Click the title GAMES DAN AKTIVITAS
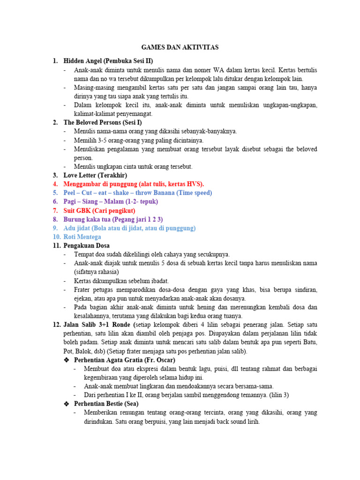180,47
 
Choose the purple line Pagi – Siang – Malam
111,202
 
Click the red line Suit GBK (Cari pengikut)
99,210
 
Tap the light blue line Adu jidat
129,228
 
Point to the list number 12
56,324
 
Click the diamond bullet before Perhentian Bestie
67,404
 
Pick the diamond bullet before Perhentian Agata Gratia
67,360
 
